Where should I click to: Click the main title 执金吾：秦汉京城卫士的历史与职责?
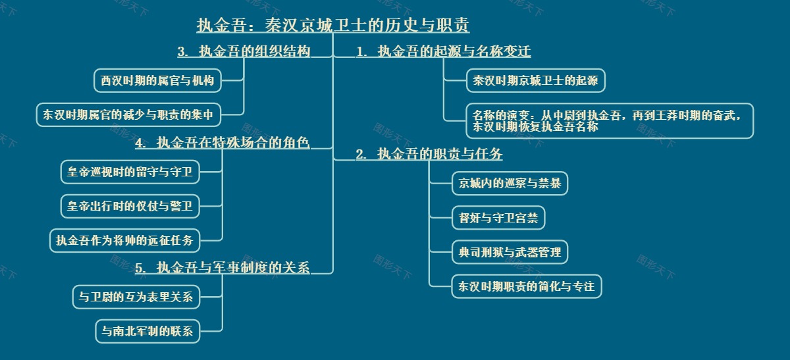(x=332, y=26)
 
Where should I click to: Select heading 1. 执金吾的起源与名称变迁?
(x=443, y=51)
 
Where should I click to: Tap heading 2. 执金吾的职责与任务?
(x=429, y=155)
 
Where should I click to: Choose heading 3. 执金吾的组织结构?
(x=244, y=51)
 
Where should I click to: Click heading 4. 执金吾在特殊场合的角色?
(x=222, y=143)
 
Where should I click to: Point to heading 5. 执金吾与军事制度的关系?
(x=222, y=267)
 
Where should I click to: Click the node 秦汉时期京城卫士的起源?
(x=535, y=81)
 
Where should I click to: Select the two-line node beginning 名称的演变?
(x=609, y=121)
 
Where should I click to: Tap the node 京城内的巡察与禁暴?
(x=510, y=183)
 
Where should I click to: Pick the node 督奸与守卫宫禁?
(x=498, y=218)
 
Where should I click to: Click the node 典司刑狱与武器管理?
(x=510, y=252)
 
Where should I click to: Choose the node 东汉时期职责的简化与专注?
(x=526, y=286)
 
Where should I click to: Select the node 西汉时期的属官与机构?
(x=157, y=81)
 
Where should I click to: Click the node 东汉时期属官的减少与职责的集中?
(x=128, y=115)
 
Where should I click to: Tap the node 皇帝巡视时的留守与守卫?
(x=129, y=172)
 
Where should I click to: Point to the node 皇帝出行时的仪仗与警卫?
(x=129, y=206)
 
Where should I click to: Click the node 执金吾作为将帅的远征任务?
(x=124, y=240)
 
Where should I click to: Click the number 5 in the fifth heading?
(x=139, y=268)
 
